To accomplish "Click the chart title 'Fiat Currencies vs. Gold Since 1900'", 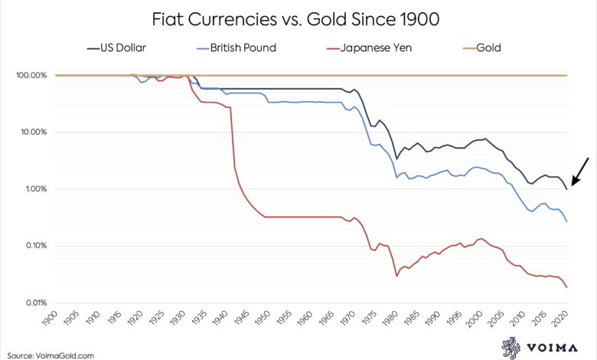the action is point(295,19).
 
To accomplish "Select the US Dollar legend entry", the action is point(116,48).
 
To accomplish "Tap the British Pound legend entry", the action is point(237,48).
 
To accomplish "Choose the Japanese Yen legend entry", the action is point(369,48).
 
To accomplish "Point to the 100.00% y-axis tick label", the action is point(31,75).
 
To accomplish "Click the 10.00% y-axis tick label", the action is point(33,133).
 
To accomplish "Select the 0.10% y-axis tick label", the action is point(35,246).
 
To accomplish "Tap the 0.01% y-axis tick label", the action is point(35,303).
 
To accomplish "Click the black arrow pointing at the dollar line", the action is point(580,172).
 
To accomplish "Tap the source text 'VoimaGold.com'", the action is point(65,356).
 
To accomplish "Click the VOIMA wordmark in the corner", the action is point(552,348).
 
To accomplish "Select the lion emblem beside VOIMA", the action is point(511,348).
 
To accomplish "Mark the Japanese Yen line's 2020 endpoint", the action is point(567,288).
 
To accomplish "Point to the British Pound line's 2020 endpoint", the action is point(567,221).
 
